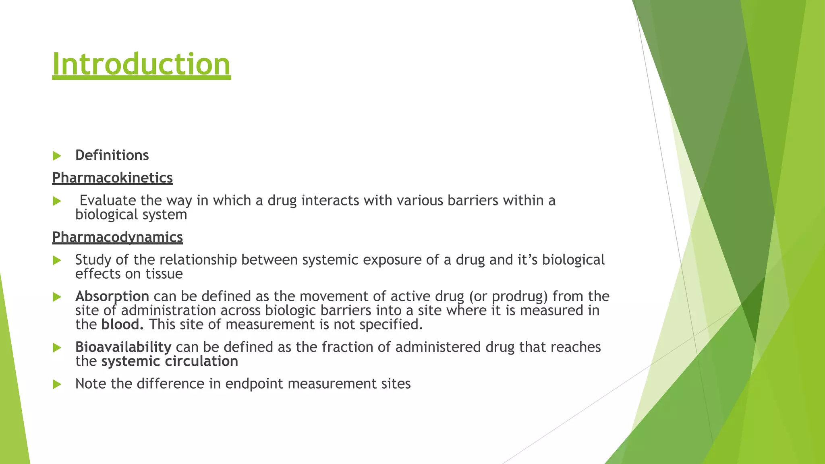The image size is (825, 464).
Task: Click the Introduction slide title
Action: pos(141,64)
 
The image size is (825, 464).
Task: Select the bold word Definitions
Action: pos(112,155)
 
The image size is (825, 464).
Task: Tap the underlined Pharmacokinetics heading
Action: pos(112,178)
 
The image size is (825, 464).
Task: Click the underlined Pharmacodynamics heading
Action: pos(117,237)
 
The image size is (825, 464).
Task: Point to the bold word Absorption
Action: pos(112,296)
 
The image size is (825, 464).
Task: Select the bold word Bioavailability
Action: pos(123,347)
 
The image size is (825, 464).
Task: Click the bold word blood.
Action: pos(122,324)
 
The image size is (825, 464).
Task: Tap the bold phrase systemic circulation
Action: pos(170,361)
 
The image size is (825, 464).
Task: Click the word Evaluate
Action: pos(108,200)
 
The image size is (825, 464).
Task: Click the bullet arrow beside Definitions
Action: pos(57,156)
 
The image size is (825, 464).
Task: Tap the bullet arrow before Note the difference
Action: pos(57,384)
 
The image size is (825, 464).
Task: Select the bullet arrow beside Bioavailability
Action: pos(57,348)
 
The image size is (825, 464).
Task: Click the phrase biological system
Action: pos(131,214)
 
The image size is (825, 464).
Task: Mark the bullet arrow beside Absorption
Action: pos(57,297)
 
